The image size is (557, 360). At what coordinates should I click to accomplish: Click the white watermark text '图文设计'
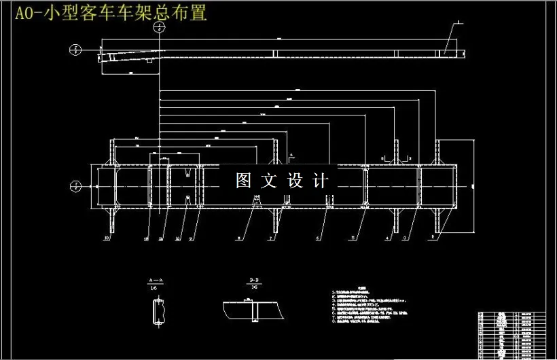click(282, 181)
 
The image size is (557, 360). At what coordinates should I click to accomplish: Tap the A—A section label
click(156, 280)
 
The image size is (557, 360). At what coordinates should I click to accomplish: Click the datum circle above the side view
click(159, 28)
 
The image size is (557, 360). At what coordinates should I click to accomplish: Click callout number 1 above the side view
click(459, 22)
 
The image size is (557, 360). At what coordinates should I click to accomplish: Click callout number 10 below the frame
click(107, 238)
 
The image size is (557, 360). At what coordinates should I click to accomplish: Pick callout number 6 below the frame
click(317, 238)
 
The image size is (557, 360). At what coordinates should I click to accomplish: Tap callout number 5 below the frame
click(352, 238)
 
